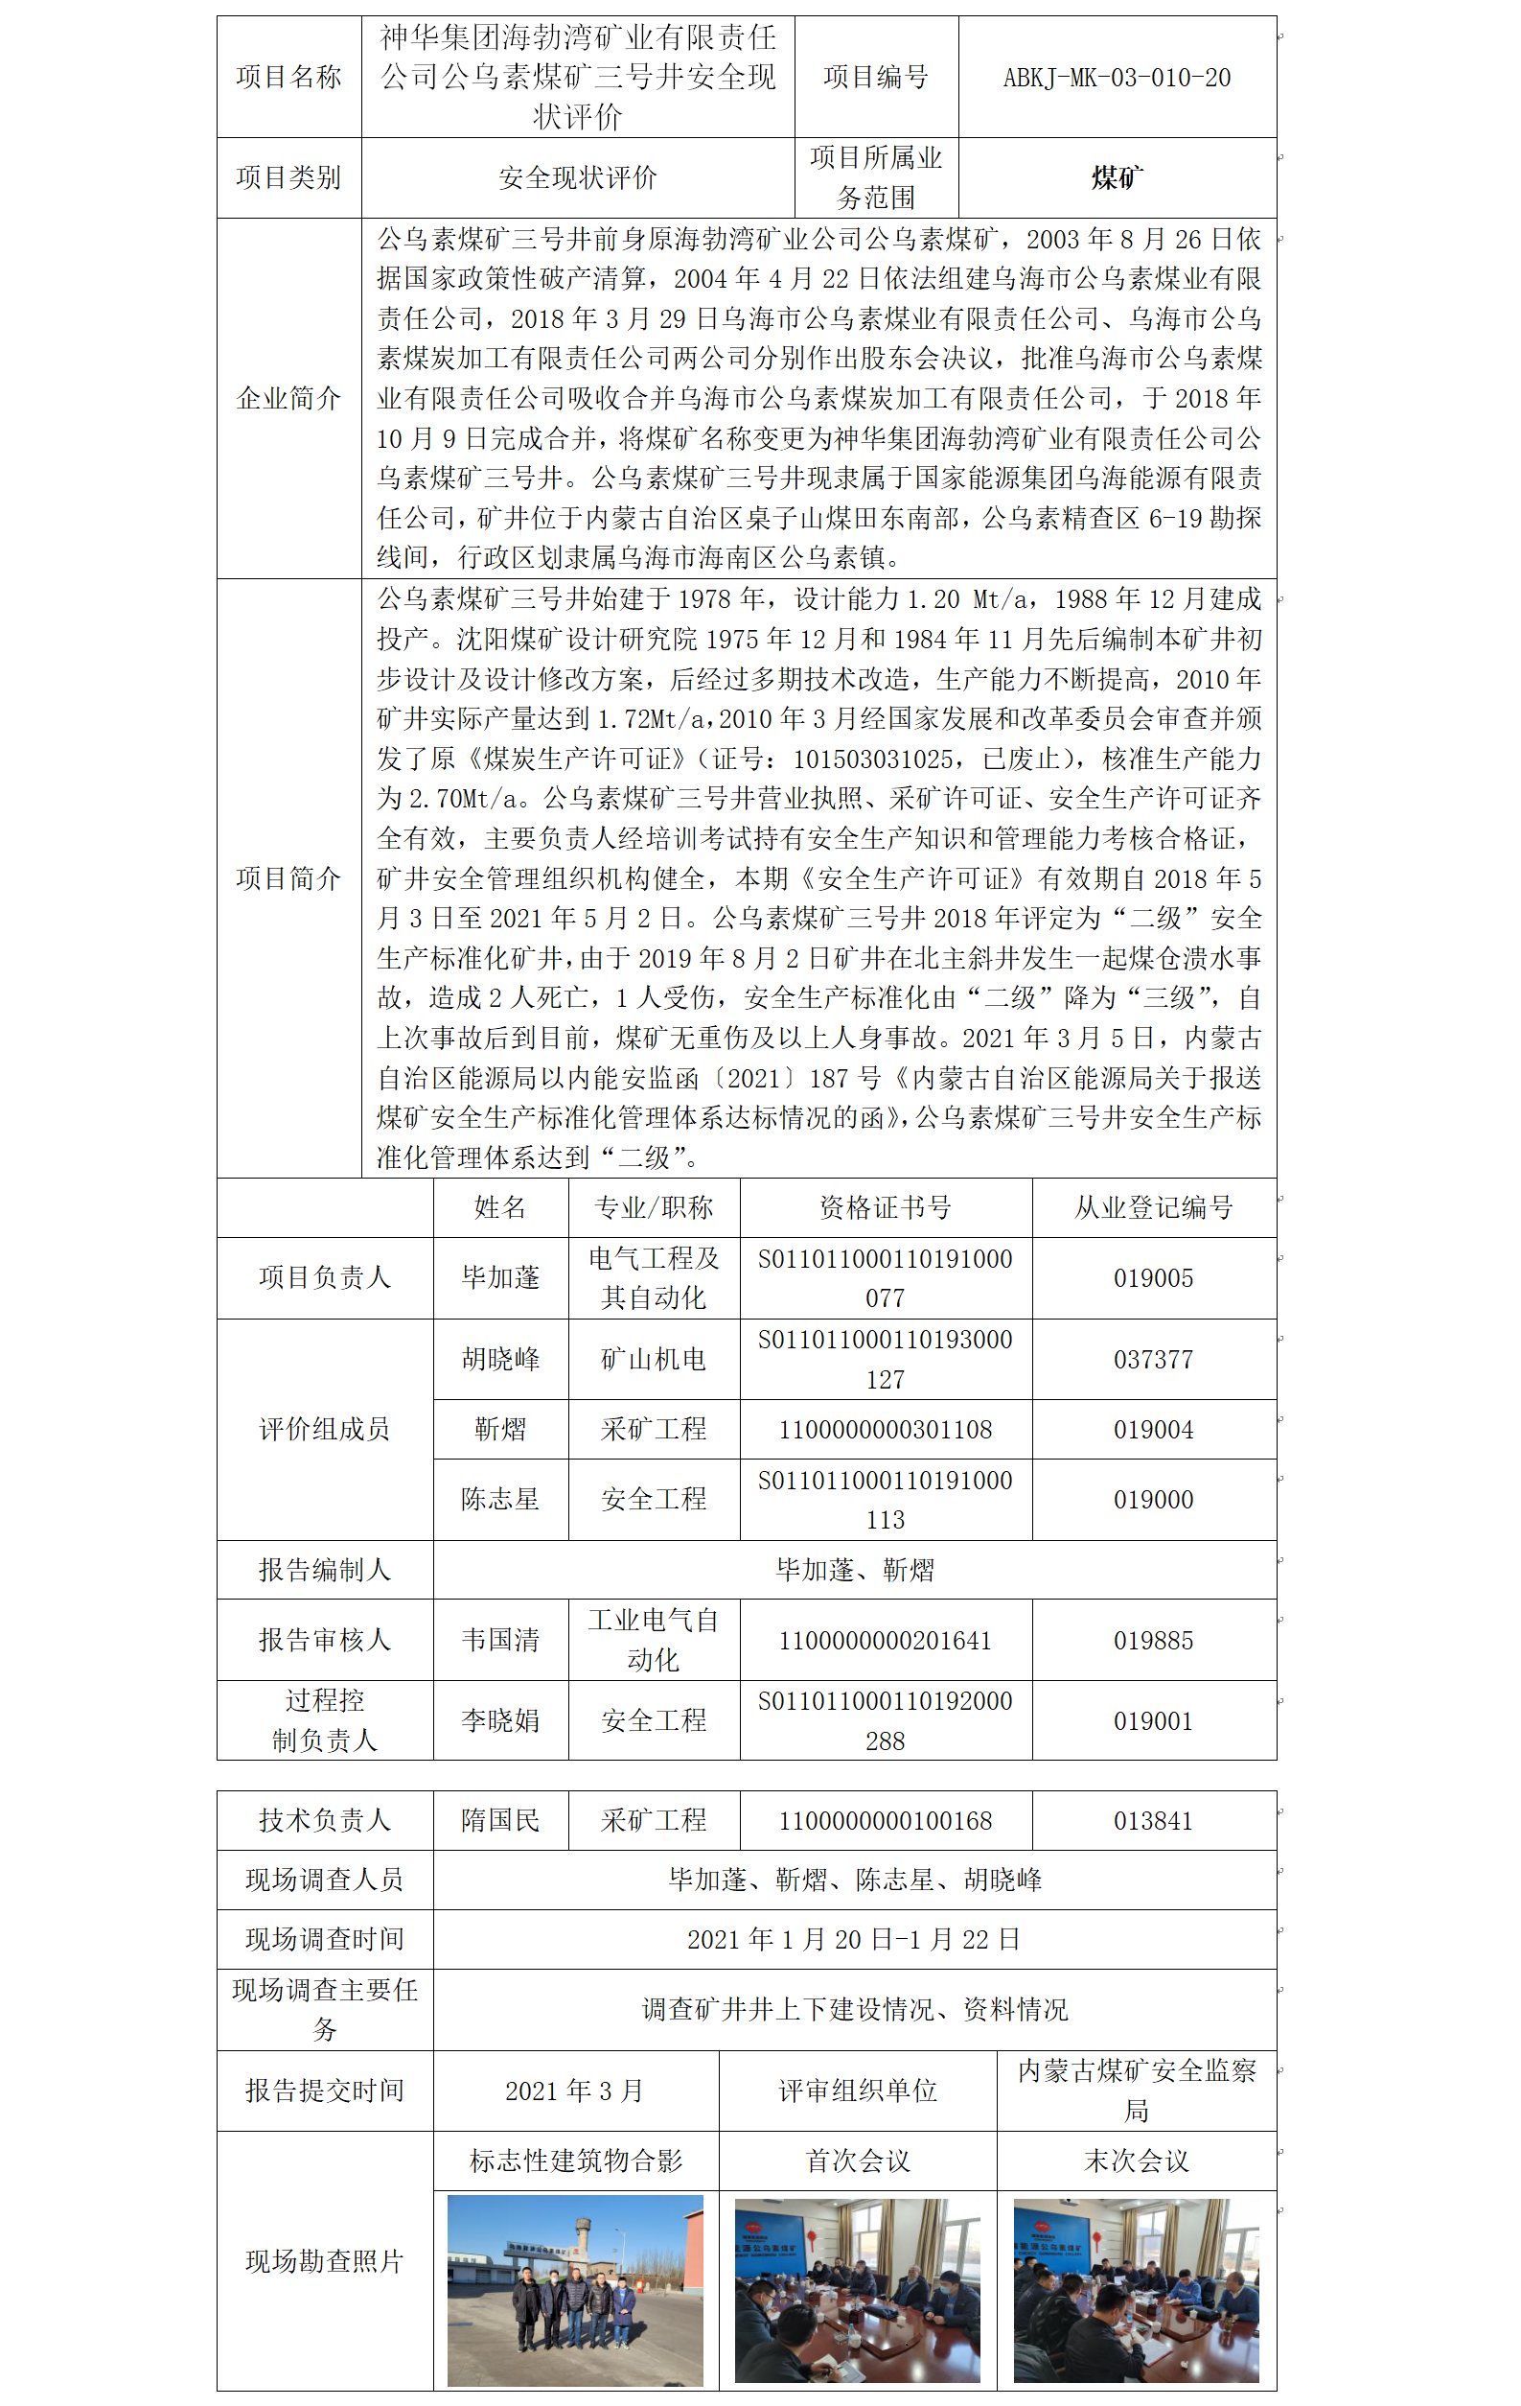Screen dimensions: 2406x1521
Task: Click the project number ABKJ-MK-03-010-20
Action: pyautogui.click(x=1116, y=78)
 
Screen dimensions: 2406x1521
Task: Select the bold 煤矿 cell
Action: pyautogui.click(x=1116, y=177)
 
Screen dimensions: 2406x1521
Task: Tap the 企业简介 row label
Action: pyautogui.click(x=288, y=399)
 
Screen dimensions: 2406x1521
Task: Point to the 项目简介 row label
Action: pyautogui.click(x=288, y=878)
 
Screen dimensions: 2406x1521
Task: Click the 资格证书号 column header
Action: pyautogui.click(x=885, y=1208)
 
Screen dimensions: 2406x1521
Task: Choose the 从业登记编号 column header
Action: pyautogui.click(x=1154, y=1208)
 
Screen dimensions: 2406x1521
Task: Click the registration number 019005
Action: pyautogui.click(x=1154, y=1278)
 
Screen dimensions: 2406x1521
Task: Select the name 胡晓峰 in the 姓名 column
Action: pyautogui.click(x=500, y=1359)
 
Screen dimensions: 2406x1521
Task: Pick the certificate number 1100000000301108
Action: pyautogui.click(x=885, y=1430)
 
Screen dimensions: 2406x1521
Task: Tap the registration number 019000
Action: pyautogui.click(x=1154, y=1500)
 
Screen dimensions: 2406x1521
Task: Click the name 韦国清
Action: pyautogui.click(x=500, y=1640)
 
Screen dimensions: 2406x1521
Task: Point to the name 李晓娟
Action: pyautogui.click(x=500, y=1720)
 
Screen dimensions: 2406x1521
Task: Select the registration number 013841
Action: pyautogui.click(x=1154, y=1820)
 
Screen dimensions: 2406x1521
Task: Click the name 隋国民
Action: pyautogui.click(x=500, y=1820)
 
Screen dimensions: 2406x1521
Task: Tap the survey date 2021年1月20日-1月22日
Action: pyautogui.click(x=854, y=1939)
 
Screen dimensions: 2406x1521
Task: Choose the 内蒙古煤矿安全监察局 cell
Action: pyautogui.click(x=1137, y=2091)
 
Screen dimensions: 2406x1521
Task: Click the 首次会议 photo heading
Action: pyautogui.click(x=858, y=2161)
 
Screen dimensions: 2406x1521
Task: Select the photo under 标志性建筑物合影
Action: pyautogui.click(x=575, y=2289)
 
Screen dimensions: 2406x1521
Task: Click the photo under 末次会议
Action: pyautogui.click(x=1137, y=2289)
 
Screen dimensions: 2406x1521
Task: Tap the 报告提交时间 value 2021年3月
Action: pyautogui.click(x=575, y=2091)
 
